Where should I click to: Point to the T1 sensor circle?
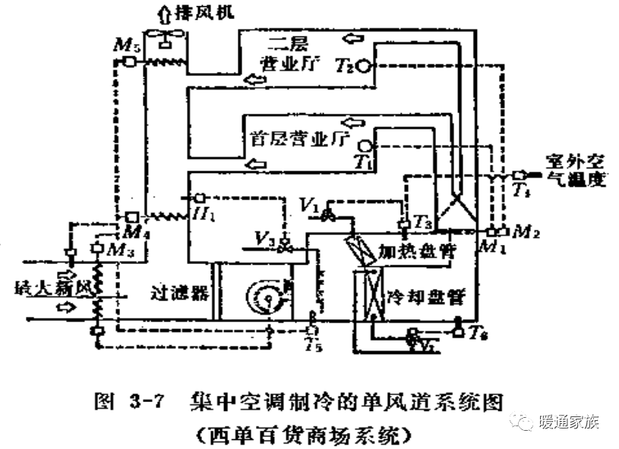[x=365, y=144]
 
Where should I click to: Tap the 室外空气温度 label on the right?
[x=576, y=171]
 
